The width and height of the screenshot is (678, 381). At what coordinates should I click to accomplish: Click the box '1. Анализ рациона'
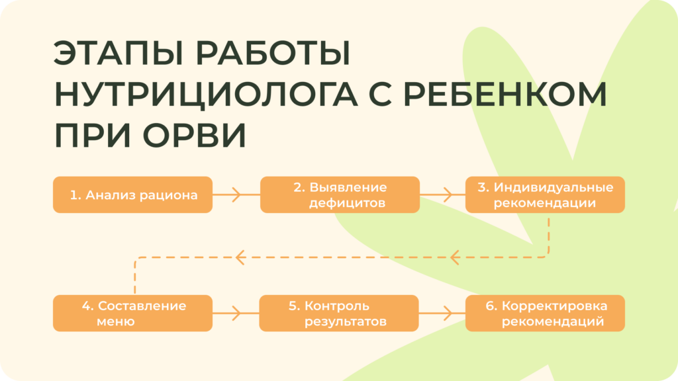pos(132,194)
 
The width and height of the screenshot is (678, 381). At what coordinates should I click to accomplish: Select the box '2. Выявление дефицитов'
pos(340,194)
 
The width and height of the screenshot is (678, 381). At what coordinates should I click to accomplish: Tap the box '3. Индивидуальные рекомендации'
pos(545,194)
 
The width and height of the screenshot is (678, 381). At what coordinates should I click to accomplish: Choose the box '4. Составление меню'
pos(132,314)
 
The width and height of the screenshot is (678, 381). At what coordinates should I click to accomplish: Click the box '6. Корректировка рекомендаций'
pos(545,314)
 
